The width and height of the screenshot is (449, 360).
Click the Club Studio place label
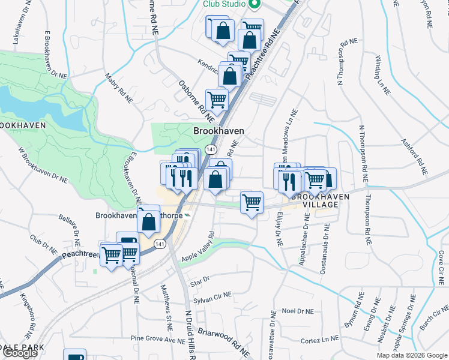pyautogui.click(x=224, y=4)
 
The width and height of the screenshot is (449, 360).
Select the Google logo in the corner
pyautogui.click(x=20, y=353)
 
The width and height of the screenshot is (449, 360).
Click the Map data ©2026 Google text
pyautogui.click(x=412, y=355)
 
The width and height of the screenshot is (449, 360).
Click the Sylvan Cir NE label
pyautogui.click(x=212, y=299)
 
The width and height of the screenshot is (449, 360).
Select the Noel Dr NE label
pyautogui.click(x=298, y=311)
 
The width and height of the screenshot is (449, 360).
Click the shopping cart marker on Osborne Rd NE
pyautogui.click(x=217, y=100)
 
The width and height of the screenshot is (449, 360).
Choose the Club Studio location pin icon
pyautogui.click(x=254, y=4)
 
